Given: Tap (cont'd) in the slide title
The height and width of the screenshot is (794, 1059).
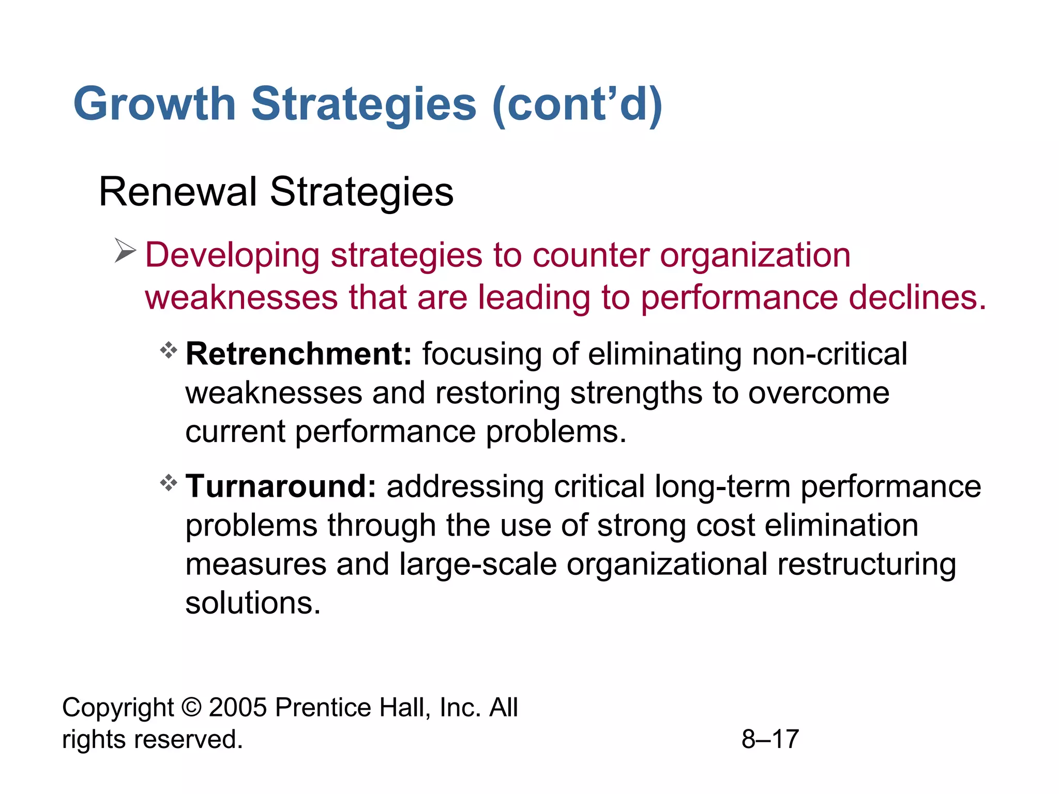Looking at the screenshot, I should [577, 104].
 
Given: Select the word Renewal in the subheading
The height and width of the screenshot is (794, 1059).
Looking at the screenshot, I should [177, 192].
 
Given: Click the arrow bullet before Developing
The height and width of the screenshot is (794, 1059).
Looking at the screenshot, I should [125, 251].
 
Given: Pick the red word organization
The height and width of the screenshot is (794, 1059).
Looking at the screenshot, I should [755, 255].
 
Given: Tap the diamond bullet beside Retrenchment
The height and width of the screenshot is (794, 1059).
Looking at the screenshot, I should [169, 351].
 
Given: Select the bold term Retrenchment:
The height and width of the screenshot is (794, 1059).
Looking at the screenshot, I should [298, 354].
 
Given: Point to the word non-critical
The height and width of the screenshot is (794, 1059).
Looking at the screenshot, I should [829, 354].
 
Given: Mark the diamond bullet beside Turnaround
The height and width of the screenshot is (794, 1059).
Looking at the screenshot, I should [169, 483].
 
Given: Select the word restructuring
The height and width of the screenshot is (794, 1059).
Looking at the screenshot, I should [866, 564].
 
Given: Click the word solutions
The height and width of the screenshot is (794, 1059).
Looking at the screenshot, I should [253, 603].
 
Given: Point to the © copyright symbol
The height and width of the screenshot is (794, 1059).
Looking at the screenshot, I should [191, 707].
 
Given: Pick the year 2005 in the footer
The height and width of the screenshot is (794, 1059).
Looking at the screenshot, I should [238, 707].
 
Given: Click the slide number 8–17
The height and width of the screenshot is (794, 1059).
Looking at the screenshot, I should [770, 739].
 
